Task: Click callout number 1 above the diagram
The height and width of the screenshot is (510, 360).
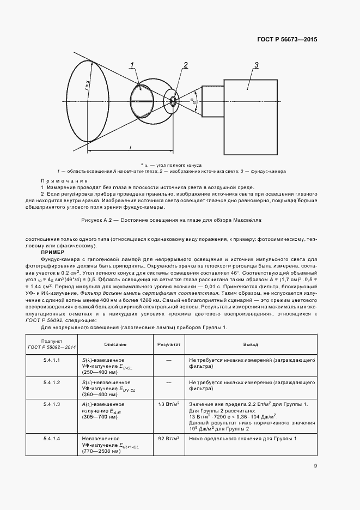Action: (x=132, y=65)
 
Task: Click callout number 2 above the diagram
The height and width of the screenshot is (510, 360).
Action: (x=185, y=65)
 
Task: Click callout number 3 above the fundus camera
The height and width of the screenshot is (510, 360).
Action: (x=255, y=65)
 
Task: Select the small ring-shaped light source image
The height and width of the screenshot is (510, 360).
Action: (x=174, y=101)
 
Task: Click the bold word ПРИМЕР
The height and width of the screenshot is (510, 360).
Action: (x=52, y=252)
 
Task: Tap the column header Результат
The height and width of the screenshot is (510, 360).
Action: (x=168, y=345)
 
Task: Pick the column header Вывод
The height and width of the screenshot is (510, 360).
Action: (x=251, y=345)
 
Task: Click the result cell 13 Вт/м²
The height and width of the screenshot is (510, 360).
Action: (x=168, y=404)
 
